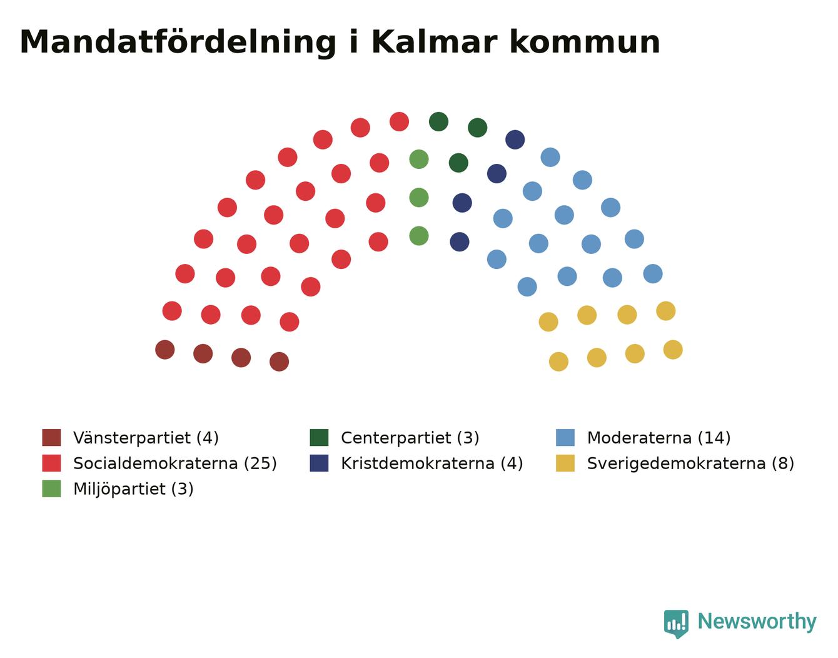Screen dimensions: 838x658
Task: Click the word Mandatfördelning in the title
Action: pyautogui.click(x=178, y=43)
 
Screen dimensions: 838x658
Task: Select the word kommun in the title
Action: pyautogui.click(x=585, y=43)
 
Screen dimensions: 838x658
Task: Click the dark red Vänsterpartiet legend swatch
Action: pyautogui.click(x=51, y=437)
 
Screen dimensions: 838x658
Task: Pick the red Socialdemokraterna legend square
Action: pyautogui.click(x=51, y=463)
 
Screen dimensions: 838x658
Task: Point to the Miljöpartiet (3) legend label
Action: pyautogui.click(x=133, y=489)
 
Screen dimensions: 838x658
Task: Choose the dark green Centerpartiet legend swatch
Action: pyautogui.click(x=319, y=437)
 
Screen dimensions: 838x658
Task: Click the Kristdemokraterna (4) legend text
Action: pyautogui.click(x=432, y=463)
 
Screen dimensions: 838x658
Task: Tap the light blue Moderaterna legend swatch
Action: pyautogui.click(x=565, y=437)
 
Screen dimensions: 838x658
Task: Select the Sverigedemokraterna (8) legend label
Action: pyautogui.click(x=690, y=463)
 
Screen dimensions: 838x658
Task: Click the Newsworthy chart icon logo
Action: pyautogui.click(x=676, y=624)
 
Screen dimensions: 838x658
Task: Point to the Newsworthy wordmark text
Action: pyautogui.click(x=757, y=622)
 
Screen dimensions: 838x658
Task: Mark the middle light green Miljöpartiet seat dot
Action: pyautogui.click(x=419, y=198)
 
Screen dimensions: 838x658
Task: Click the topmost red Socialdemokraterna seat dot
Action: pyautogui.click(x=399, y=122)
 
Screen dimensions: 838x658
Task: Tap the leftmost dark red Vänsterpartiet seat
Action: pyautogui.click(x=165, y=350)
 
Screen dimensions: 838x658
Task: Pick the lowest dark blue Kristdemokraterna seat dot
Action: pyautogui.click(x=460, y=242)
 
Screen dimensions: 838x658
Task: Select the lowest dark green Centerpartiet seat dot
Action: pyautogui.click(x=458, y=163)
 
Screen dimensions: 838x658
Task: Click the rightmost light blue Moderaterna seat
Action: pyautogui.click(x=653, y=274)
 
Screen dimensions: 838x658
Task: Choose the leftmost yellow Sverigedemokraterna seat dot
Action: pyautogui.click(x=548, y=322)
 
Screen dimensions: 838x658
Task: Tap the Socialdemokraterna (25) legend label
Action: pyautogui.click(x=175, y=463)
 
